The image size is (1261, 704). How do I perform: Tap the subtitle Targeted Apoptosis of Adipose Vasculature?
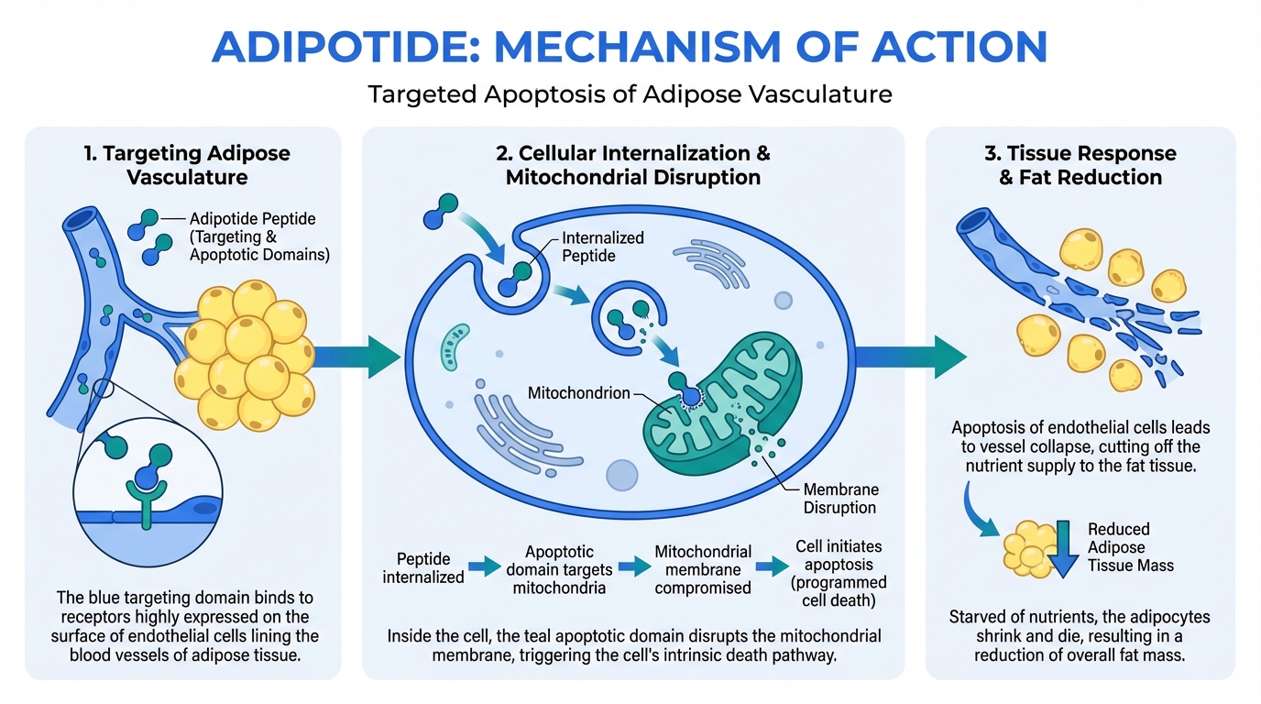coord(630,93)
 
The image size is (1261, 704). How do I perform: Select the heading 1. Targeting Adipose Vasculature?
coord(183,164)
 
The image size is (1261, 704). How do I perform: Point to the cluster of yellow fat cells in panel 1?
coord(247,353)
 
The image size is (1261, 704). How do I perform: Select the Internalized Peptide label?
coord(602,247)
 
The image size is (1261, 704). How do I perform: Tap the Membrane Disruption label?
coord(839,498)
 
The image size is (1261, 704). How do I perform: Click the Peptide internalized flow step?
coord(423,567)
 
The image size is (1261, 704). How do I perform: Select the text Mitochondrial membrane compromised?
coord(703,569)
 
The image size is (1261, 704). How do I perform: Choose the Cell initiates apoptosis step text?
coord(840,574)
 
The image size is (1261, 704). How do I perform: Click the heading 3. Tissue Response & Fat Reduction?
coord(1080,164)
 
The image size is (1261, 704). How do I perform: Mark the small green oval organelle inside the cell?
coord(455,346)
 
